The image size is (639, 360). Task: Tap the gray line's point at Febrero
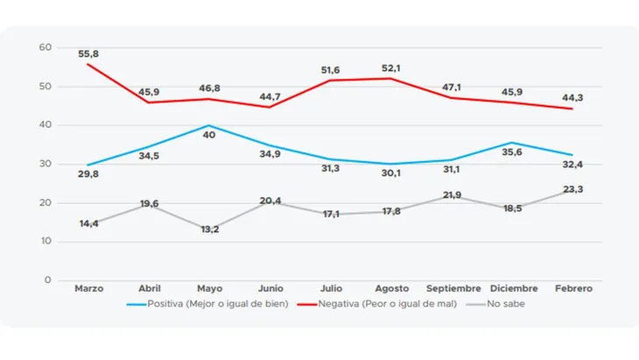pyautogui.click(x=572, y=191)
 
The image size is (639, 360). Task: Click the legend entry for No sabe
pyautogui.click(x=504, y=304)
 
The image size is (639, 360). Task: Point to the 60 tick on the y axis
pyautogui.click(x=46, y=47)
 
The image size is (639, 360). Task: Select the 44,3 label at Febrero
pyautogui.click(x=572, y=98)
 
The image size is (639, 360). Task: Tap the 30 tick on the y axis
pyautogui.click(x=46, y=164)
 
